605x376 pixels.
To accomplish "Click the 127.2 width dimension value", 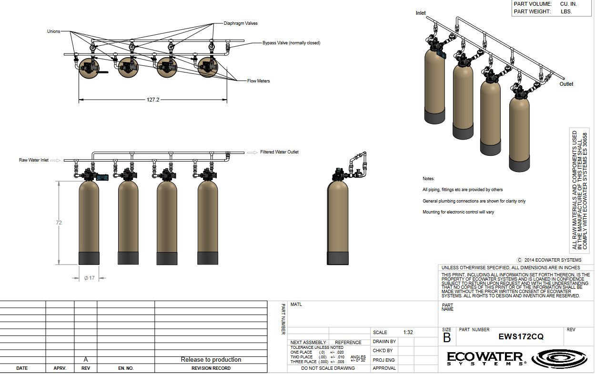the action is click(153, 100).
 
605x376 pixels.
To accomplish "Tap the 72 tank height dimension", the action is click(59, 223).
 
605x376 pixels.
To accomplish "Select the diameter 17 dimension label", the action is click(89, 278).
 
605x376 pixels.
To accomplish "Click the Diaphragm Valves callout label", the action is click(241, 23).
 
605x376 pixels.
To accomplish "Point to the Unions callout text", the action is click(53, 31).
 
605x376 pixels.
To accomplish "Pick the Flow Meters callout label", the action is click(258, 81).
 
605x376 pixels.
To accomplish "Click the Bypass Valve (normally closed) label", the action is click(291, 43).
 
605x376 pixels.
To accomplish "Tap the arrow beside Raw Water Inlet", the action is click(55, 161).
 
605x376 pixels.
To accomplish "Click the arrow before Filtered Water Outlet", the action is click(252, 152).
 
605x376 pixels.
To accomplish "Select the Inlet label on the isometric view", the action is click(421, 13).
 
